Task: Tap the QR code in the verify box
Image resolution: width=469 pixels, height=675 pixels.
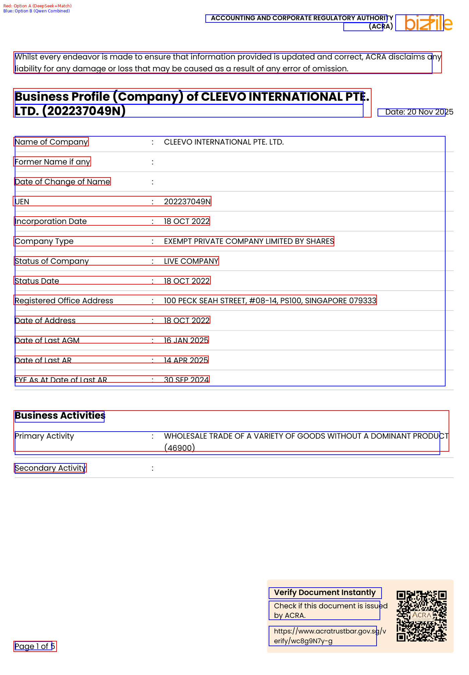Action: (x=421, y=616)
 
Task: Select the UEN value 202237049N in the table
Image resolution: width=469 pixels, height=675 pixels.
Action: (x=187, y=202)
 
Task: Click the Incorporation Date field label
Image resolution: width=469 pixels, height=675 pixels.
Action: (x=51, y=221)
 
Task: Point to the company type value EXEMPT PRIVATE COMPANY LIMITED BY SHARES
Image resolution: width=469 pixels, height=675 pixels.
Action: (x=249, y=241)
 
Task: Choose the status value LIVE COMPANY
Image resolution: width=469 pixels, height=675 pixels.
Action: (x=191, y=261)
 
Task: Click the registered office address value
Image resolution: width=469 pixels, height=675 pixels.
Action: (x=270, y=301)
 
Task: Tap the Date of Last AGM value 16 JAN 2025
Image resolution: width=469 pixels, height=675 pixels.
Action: (x=186, y=341)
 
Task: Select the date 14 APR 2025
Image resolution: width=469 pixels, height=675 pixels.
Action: (x=186, y=360)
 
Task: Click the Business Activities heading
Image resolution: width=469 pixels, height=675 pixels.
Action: (x=60, y=416)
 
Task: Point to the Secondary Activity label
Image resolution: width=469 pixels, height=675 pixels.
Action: (x=50, y=468)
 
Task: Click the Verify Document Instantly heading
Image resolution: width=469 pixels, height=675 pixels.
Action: (x=325, y=593)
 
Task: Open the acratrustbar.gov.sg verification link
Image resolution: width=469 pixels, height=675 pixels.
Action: (x=330, y=636)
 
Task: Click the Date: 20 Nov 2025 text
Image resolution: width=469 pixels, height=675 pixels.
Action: (x=419, y=112)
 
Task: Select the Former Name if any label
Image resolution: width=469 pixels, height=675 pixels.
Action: (x=53, y=162)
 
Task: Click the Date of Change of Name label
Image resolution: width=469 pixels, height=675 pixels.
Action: (x=63, y=182)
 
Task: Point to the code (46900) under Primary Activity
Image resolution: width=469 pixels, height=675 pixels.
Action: (x=180, y=448)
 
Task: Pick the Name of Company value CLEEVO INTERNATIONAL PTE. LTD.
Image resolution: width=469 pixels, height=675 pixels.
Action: (x=224, y=142)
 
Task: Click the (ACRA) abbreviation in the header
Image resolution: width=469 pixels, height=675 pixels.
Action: (x=381, y=26)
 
